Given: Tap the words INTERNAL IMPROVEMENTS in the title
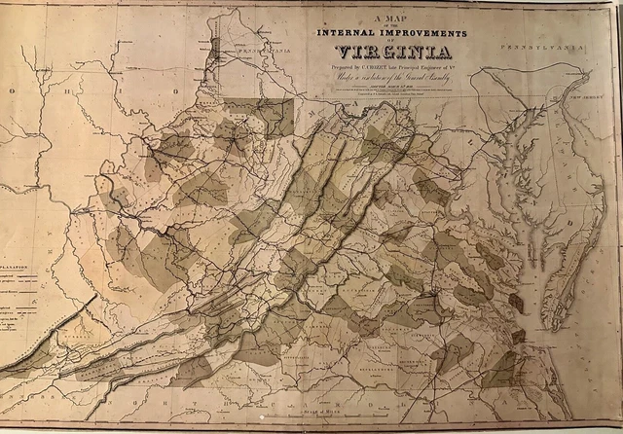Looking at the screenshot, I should click(390, 32).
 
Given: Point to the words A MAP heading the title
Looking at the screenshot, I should click(389, 18).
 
